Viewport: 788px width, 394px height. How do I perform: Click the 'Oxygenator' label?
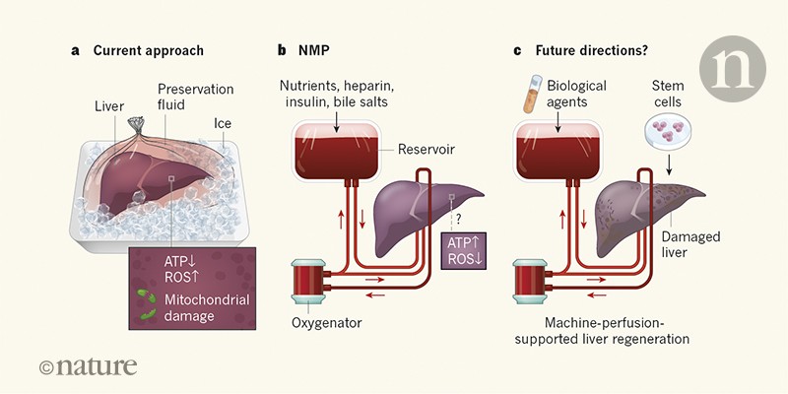click(323, 320)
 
